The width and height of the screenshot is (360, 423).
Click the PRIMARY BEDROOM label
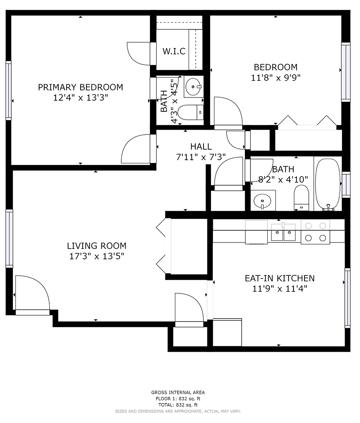point(80,87)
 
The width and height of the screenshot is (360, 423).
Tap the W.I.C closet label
point(174,51)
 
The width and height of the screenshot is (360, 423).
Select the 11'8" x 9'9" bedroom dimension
point(275,78)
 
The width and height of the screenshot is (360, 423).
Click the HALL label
point(201,146)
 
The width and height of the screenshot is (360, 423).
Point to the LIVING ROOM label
point(97,246)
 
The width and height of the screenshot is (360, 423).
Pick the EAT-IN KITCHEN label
point(279,278)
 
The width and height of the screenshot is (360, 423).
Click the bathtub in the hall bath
point(328,184)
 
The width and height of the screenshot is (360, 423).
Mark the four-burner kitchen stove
point(315,231)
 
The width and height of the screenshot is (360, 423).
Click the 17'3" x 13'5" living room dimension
point(97,257)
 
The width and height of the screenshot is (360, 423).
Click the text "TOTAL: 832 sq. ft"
point(178,405)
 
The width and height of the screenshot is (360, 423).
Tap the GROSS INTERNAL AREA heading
point(178,392)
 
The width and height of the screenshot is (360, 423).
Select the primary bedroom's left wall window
point(8,90)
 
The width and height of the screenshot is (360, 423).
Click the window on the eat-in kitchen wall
point(347,298)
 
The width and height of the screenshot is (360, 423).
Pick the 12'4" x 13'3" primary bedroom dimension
point(80,98)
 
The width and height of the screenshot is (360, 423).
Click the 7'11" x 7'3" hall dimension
point(201,157)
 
